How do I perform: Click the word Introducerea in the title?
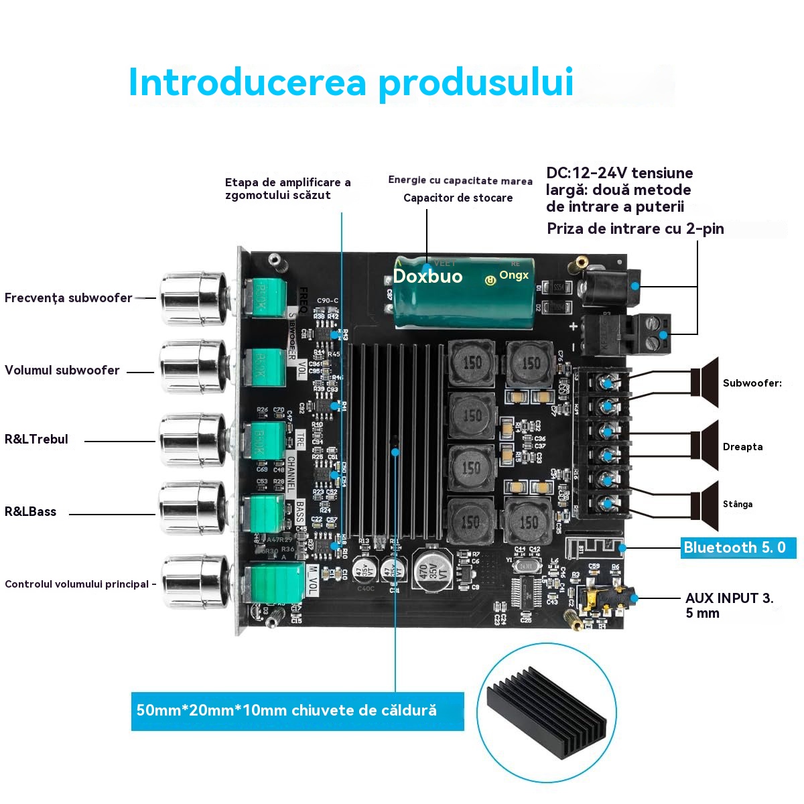247,82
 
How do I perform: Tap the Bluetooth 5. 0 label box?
738,547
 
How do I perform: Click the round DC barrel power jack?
611,287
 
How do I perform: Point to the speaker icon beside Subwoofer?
705,383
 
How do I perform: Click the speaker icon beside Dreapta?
705,446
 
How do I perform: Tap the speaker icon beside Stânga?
705,504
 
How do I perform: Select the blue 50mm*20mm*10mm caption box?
297,711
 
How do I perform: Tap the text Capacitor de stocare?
458,198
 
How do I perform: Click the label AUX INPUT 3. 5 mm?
728,605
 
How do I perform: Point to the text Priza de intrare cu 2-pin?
634,228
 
